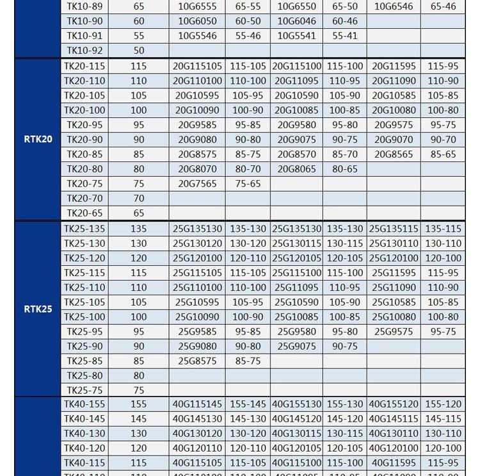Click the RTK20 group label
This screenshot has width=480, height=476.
[38, 139]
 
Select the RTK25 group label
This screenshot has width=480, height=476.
[38, 309]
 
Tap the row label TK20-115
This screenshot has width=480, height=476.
[84, 66]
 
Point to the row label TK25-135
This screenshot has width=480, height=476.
[84, 229]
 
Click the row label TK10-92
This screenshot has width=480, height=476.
[84, 51]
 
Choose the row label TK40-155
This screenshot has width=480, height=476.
[84, 404]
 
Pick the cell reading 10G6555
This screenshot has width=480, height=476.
[197, 6]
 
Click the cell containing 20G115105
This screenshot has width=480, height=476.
[197, 66]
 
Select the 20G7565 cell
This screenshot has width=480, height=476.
[197, 183]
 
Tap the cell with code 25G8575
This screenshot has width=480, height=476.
[197, 361]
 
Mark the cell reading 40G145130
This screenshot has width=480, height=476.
[197, 419]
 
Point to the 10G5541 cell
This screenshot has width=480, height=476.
[296, 36]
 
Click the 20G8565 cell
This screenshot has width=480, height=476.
[394, 154]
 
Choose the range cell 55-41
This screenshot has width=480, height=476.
[345, 36]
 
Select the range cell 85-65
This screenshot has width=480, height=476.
[444, 154]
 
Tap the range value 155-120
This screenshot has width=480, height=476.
[444, 404]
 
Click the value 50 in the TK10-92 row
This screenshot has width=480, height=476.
[139, 51]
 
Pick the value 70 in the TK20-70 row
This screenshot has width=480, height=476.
[139, 199]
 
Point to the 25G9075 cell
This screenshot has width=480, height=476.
[296, 346]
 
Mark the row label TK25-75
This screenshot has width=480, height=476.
[84, 390]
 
